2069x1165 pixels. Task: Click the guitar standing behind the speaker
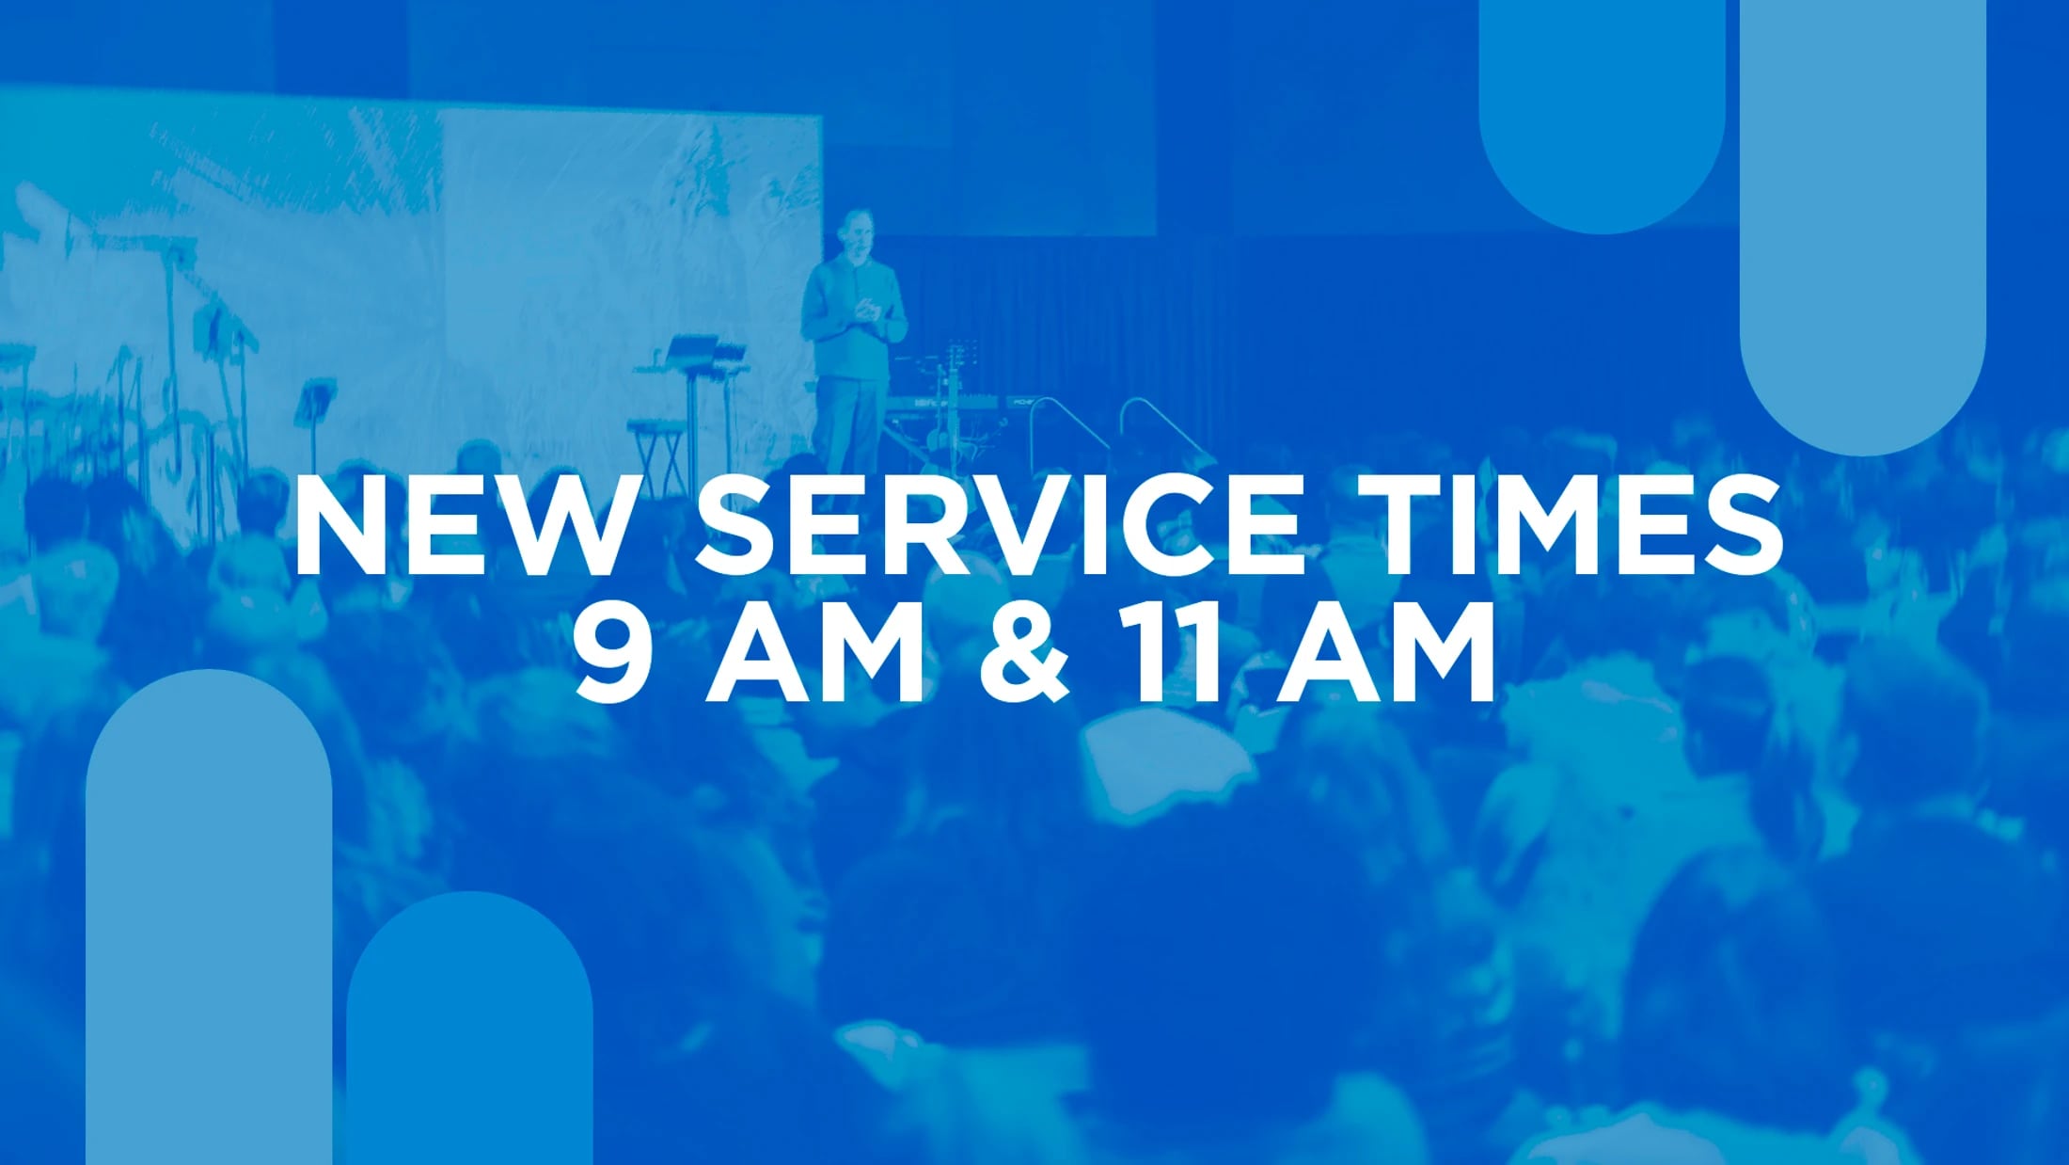(x=952, y=395)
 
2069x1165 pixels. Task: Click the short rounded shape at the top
(x=1602, y=104)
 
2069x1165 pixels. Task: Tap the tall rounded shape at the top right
(x=1862, y=216)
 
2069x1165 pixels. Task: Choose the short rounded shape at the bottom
(x=469, y=1035)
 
